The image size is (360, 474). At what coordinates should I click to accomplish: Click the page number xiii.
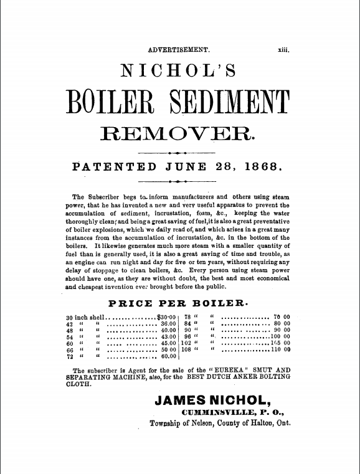coord(283,50)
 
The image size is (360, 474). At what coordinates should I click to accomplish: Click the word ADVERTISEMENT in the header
coord(179,50)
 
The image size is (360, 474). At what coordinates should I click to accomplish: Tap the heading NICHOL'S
coord(179,72)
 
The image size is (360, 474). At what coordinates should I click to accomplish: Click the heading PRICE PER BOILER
coord(179,304)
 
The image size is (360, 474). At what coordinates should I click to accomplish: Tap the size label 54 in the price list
coord(70,337)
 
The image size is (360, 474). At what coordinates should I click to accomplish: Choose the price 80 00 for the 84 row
coord(282,324)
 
